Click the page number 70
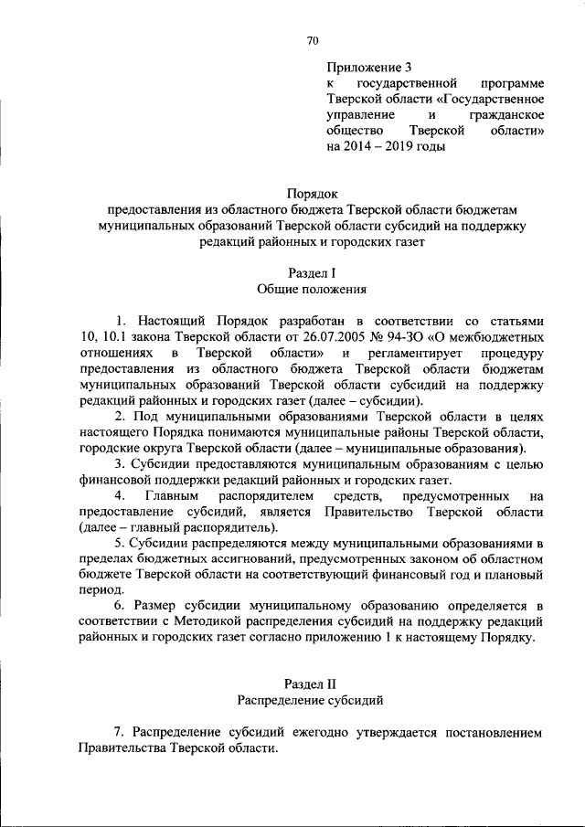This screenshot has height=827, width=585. point(313,39)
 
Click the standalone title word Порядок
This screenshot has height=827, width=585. point(313,194)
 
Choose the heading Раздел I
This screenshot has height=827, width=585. point(313,272)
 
